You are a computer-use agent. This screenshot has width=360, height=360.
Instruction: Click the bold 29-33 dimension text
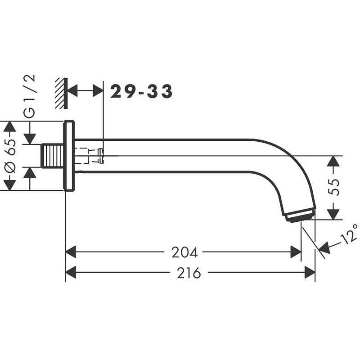pyautogui.click(x=141, y=91)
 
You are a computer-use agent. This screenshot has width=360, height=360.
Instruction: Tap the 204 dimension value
pyautogui.click(x=184, y=252)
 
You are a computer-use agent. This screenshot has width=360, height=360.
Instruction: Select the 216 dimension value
pyautogui.click(x=189, y=273)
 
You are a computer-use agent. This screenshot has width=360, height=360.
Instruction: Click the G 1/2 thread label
pyautogui.click(x=30, y=96)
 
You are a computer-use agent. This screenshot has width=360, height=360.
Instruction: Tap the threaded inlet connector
pyautogui.click(x=53, y=156)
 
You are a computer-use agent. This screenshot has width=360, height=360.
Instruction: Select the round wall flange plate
pyautogui.click(x=69, y=155)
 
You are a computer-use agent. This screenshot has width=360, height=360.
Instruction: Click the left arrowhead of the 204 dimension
pyautogui.click(x=71, y=252)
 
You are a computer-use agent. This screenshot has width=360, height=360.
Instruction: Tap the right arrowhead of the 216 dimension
pyautogui.click(x=310, y=272)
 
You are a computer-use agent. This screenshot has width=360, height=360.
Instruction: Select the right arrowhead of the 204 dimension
pyautogui.click(x=296, y=252)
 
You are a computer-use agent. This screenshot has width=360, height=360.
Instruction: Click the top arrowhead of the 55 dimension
pyautogui.click(x=333, y=161)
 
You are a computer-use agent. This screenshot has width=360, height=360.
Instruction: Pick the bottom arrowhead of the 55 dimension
pyautogui.click(x=333, y=214)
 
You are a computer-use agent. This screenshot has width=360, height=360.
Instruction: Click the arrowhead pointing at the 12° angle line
pyautogui.click(x=324, y=248)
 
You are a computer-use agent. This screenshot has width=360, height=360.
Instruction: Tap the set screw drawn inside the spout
pyautogui.click(x=101, y=156)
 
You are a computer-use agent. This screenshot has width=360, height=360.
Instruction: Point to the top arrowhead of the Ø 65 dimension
pyautogui.click(x=9, y=126)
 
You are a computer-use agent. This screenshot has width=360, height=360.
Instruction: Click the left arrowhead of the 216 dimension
pyautogui.click(x=71, y=272)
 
